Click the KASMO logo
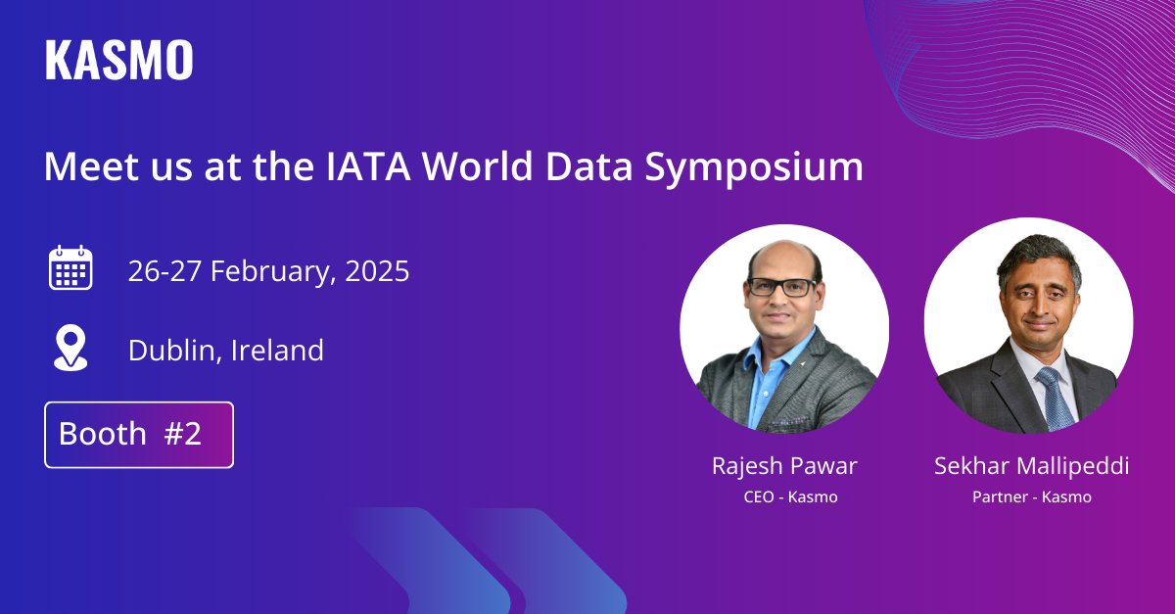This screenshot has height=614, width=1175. point(118,60)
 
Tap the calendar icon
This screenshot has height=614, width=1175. point(70,268)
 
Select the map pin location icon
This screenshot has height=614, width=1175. point(70,349)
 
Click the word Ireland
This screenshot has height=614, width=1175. point(277,350)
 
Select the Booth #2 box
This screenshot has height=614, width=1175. point(139,434)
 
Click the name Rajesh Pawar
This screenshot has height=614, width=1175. point(784,465)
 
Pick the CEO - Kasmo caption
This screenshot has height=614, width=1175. point(790,496)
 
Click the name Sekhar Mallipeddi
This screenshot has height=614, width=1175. point(1031,465)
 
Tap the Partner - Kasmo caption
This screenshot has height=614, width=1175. point(1031,496)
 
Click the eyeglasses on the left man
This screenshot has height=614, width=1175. point(781,287)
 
